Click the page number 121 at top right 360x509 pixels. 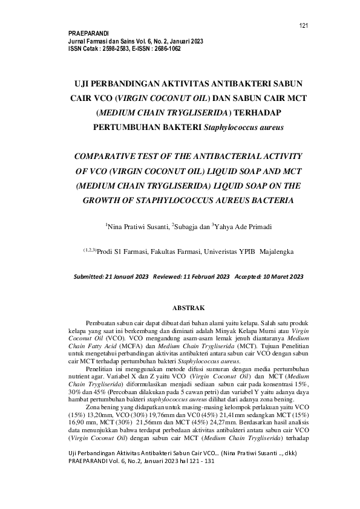point(304,25)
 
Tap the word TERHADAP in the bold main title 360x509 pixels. point(254,112)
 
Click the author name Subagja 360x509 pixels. point(186,226)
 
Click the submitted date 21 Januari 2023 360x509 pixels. point(127,277)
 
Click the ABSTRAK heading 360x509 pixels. point(180,308)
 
